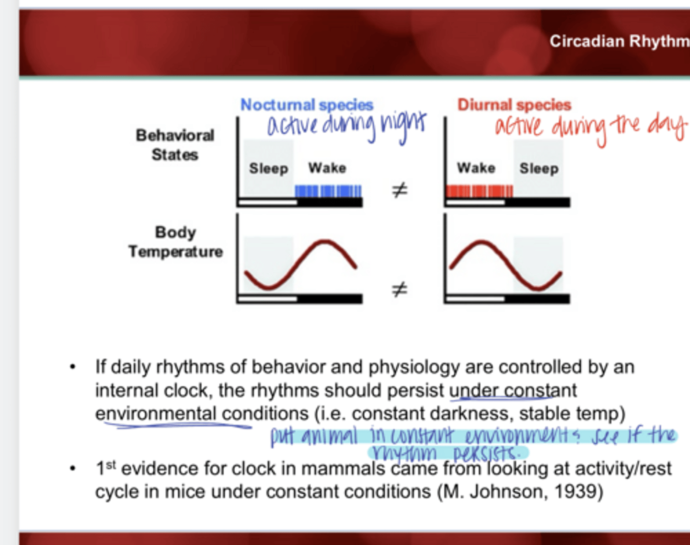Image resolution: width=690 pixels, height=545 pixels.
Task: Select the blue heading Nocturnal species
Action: tap(307, 104)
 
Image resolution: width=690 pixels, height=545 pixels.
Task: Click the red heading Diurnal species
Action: tap(514, 104)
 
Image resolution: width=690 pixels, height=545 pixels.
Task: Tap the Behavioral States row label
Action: tap(175, 145)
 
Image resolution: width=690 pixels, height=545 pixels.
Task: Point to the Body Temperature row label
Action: tap(175, 242)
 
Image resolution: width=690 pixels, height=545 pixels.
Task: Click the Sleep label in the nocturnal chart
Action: tap(268, 168)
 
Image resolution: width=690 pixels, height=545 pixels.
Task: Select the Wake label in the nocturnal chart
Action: tap(327, 168)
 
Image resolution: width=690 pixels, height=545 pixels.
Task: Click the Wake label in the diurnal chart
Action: tap(476, 168)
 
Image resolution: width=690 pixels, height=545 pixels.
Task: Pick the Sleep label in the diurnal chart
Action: tap(539, 168)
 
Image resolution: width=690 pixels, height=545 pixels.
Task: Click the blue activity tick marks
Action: tap(328, 191)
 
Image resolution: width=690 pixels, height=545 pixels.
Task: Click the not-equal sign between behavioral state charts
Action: tap(400, 190)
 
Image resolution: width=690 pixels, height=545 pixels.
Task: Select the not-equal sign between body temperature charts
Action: tap(400, 289)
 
